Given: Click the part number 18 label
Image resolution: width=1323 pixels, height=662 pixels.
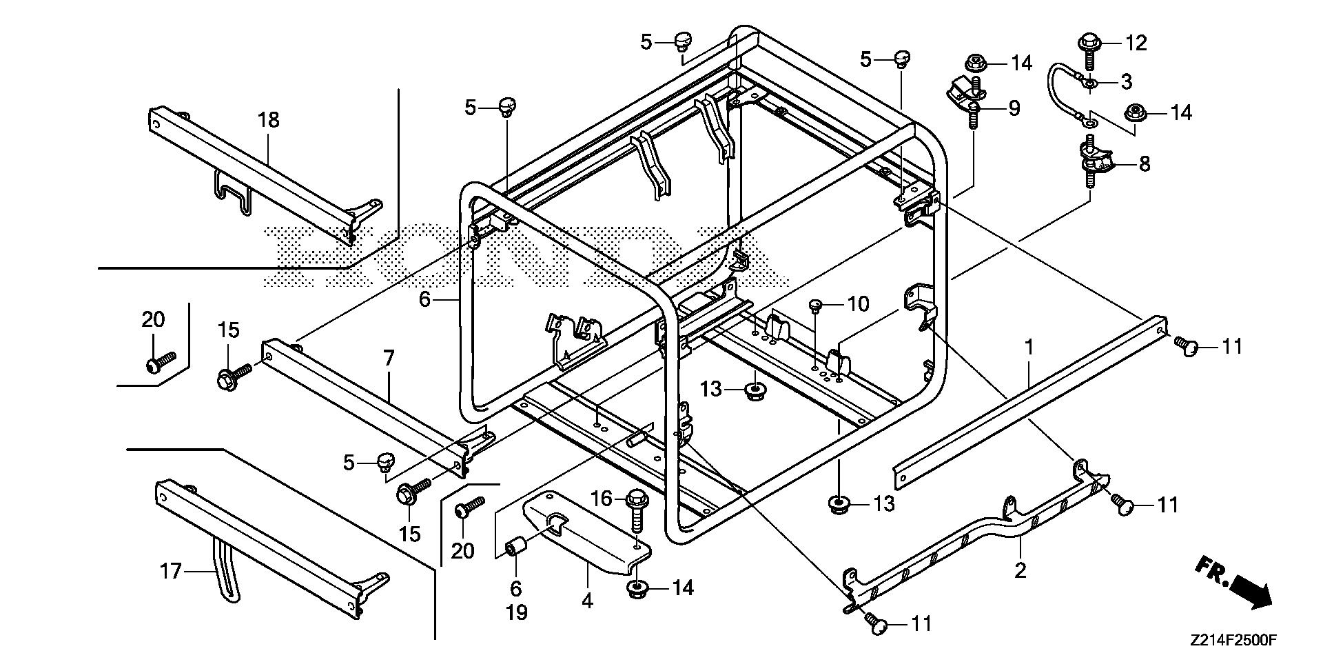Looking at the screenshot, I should click(x=269, y=119).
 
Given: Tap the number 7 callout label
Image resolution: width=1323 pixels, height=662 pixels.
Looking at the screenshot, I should click(x=389, y=358).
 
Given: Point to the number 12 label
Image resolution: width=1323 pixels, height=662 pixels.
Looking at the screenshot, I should click(x=1136, y=43).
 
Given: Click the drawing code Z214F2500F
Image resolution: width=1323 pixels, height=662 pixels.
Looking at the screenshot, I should click(x=1232, y=641).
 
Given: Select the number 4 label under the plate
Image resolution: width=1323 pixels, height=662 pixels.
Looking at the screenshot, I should click(x=586, y=601).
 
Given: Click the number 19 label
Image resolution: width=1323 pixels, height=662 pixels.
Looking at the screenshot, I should click(x=516, y=612).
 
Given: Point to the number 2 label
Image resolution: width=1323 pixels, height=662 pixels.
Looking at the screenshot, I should click(x=1020, y=570).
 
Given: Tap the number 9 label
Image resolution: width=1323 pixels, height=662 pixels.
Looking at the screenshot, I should click(x=1014, y=108).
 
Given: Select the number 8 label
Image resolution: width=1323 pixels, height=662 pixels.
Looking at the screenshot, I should click(x=1145, y=164).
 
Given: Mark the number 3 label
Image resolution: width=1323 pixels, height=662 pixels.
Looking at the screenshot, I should click(x=1126, y=82).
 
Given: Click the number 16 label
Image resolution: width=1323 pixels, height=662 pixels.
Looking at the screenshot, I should click(x=602, y=498).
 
